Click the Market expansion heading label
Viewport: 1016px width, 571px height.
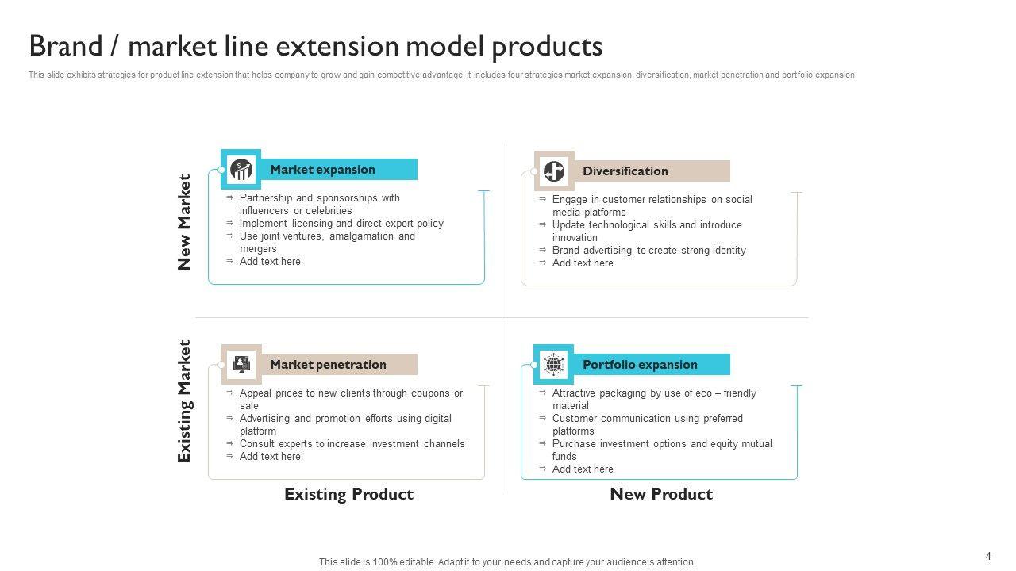(x=322, y=170)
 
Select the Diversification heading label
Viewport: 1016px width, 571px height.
(x=625, y=171)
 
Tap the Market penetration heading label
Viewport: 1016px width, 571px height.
(x=328, y=365)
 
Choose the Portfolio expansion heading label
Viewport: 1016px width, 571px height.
(x=640, y=365)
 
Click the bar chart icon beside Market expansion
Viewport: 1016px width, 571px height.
(x=241, y=170)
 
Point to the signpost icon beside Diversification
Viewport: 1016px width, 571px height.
(x=553, y=171)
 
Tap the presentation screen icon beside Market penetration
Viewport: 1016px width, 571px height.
(x=241, y=365)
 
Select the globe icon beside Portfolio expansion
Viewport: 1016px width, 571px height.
(x=553, y=365)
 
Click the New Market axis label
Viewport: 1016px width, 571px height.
(x=185, y=222)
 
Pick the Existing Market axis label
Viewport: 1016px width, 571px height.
(x=185, y=401)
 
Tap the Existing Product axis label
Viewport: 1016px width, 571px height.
(x=348, y=494)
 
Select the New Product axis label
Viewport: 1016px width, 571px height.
(x=661, y=494)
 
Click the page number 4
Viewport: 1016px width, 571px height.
(x=988, y=557)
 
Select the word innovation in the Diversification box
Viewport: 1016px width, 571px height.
(x=575, y=238)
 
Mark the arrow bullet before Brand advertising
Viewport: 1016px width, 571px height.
(x=543, y=250)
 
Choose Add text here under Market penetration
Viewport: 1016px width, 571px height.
(x=270, y=457)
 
